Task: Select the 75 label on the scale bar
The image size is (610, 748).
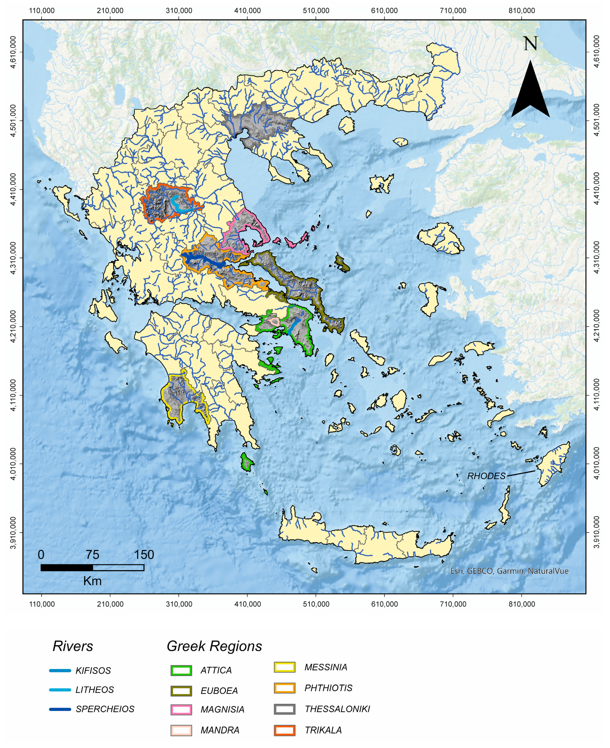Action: coord(92,555)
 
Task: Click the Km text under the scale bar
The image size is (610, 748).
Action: coord(92,581)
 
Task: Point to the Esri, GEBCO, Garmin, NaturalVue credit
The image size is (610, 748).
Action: coord(509,571)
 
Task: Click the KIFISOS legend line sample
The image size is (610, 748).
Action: coord(60,671)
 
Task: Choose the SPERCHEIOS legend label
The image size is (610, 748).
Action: coord(105,709)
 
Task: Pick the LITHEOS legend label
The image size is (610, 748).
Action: coord(95,690)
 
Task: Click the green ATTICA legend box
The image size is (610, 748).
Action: coord(181,670)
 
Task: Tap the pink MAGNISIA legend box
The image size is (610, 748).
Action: coord(181,709)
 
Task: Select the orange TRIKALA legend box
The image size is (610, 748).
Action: coord(285,730)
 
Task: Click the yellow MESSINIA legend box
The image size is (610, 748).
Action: coord(285,667)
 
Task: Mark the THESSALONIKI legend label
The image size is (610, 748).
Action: coord(337,709)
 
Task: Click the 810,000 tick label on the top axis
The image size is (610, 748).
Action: coord(521,11)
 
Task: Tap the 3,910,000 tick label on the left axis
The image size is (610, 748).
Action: coord(13,532)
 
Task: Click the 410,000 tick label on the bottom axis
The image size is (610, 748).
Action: coord(247,604)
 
